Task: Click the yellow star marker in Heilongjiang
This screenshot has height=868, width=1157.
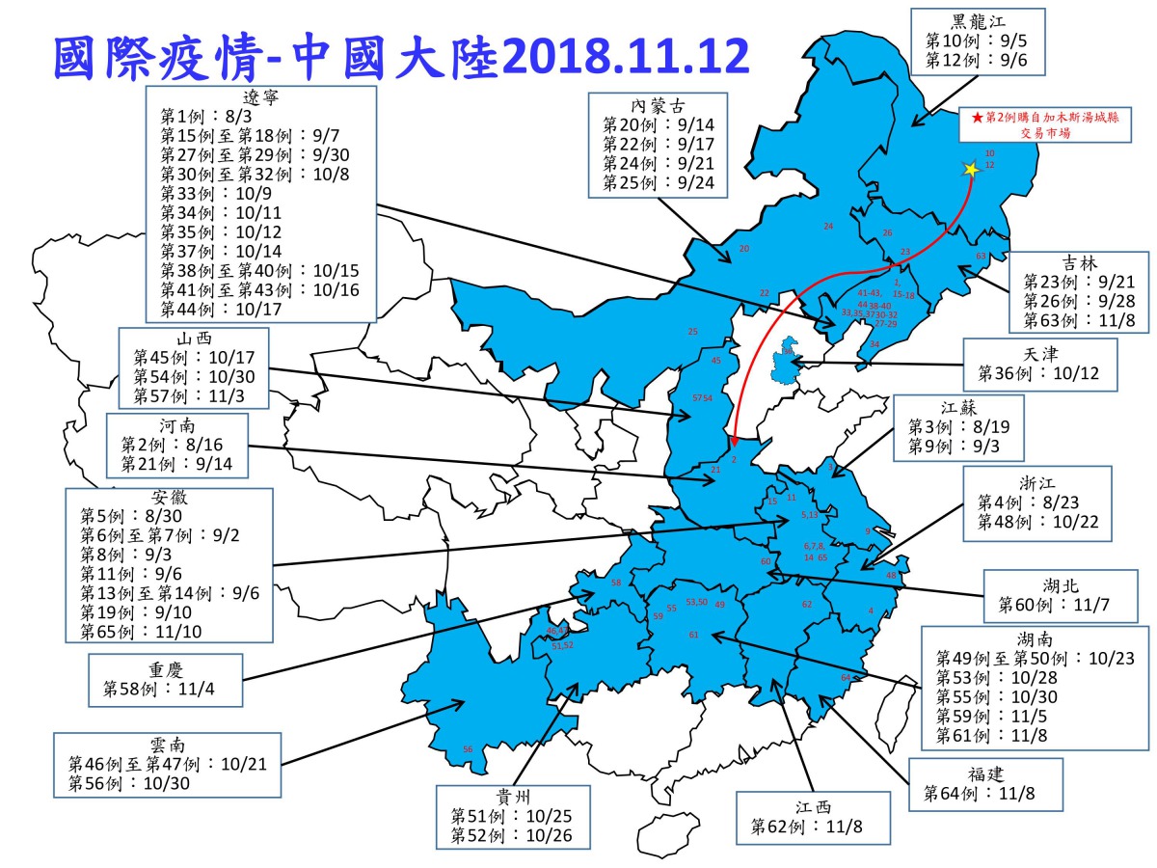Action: click(971, 169)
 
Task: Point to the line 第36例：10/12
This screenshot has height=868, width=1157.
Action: click(1040, 372)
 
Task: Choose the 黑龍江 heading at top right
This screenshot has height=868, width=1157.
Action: click(980, 21)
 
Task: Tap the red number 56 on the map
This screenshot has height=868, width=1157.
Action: click(468, 749)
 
